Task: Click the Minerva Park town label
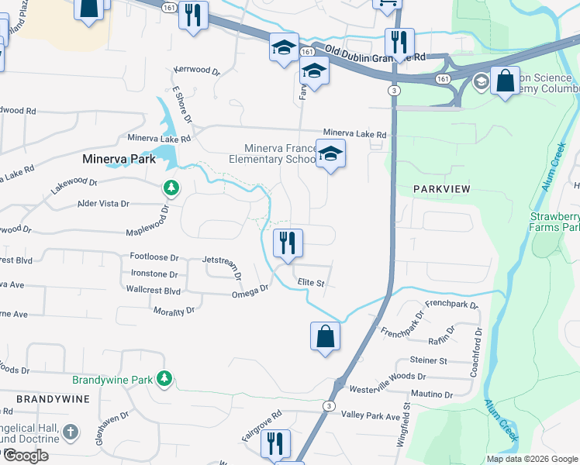[119, 159]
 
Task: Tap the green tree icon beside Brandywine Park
[164, 378]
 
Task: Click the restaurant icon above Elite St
[288, 243]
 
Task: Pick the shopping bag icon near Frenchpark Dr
[326, 336]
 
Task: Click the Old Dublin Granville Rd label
[375, 54]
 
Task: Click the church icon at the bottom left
[70, 432]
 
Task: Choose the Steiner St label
[429, 360]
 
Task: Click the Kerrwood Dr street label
[197, 70]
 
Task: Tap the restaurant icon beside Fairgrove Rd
[274, 443]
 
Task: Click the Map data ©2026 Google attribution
[531, 459]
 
